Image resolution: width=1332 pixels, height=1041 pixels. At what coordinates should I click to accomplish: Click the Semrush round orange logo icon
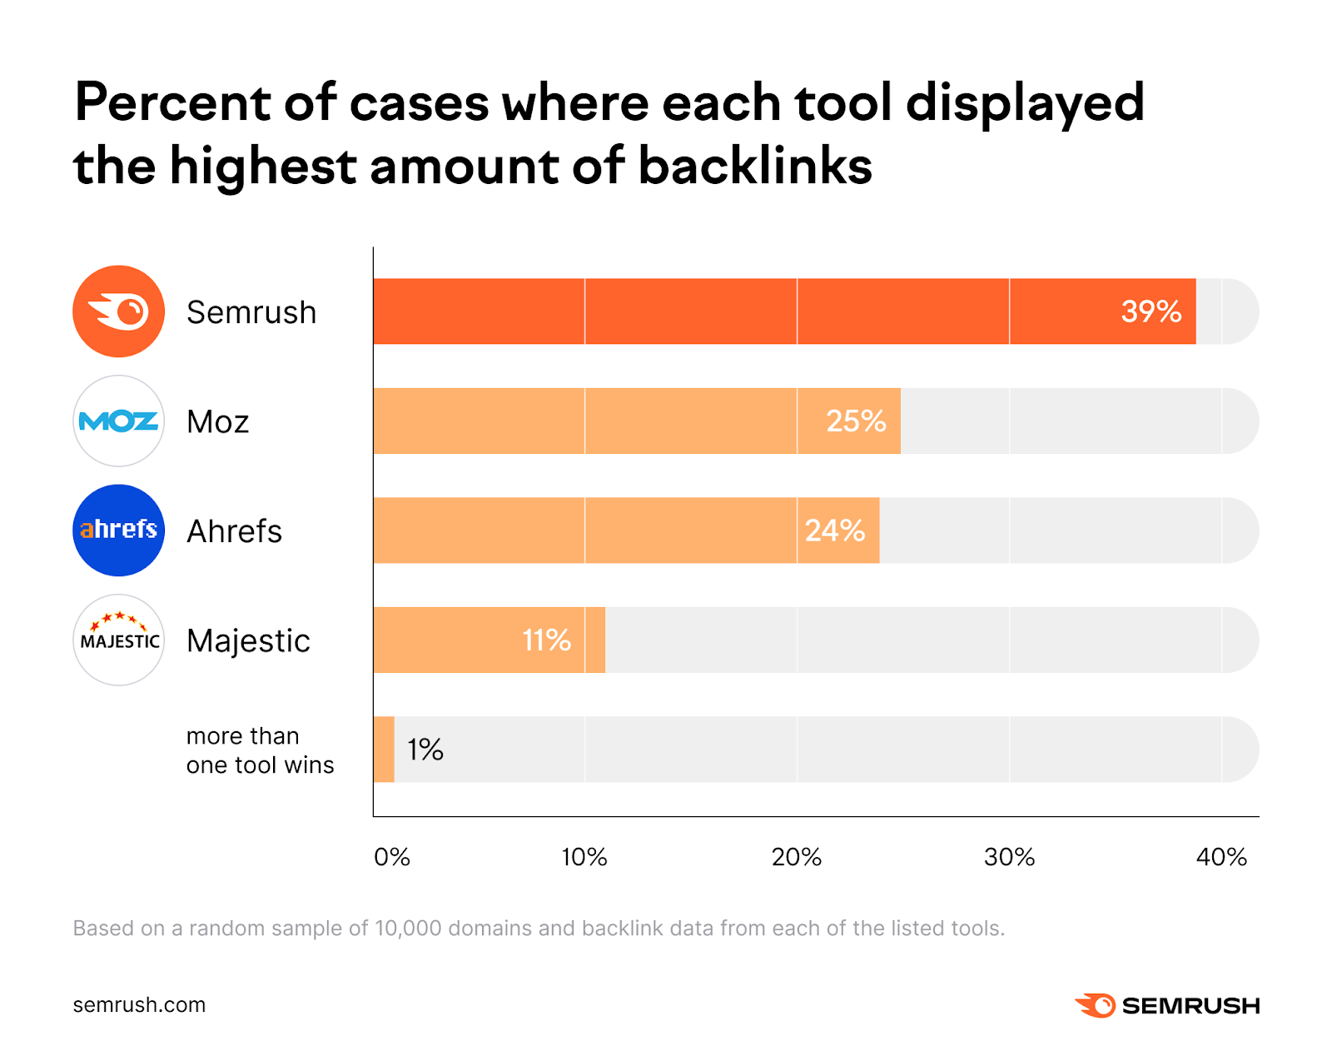[x=118, y=311]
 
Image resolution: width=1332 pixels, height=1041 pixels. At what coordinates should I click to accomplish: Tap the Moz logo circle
[x=118, y=421]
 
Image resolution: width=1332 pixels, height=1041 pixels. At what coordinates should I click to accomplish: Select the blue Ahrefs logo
[x=118, y=530]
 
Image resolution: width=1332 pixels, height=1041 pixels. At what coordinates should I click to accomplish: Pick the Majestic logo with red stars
[x=118, y=640]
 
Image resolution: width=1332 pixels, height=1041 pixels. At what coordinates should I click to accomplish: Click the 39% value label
[x=1151, y=311]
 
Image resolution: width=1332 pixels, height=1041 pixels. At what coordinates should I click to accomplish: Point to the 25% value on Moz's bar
[x=855, y=421]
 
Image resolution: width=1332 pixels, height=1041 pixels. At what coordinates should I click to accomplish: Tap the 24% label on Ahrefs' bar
[x=834, y=530]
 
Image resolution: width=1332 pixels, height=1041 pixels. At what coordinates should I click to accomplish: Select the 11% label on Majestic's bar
[x=546, y=640]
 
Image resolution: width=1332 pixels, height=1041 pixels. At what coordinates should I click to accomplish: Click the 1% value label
[x=425, y=750]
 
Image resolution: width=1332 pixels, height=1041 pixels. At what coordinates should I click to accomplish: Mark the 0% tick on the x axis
[x=391, y=857]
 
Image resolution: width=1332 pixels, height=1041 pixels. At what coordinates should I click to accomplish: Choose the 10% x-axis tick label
[x=584, y=857]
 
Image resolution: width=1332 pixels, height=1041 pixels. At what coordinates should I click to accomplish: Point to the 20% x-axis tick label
[x=797, y=857]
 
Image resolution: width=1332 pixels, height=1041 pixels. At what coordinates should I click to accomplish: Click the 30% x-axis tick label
[x=1009, y=857]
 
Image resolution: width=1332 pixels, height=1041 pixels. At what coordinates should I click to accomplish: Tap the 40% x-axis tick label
[x=1221, y=857]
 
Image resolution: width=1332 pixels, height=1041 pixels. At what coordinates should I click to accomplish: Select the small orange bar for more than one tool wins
[x=384, y=750]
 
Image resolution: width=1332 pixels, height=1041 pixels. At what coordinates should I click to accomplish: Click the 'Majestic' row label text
[x=248, y=640]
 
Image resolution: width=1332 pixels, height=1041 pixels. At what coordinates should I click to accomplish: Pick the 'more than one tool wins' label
[x=260, y=750]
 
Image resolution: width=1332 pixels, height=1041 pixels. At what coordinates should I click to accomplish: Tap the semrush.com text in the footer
[x=139, y=1005]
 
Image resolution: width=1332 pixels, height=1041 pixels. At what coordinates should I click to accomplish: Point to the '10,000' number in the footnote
[x=408, y=929]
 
